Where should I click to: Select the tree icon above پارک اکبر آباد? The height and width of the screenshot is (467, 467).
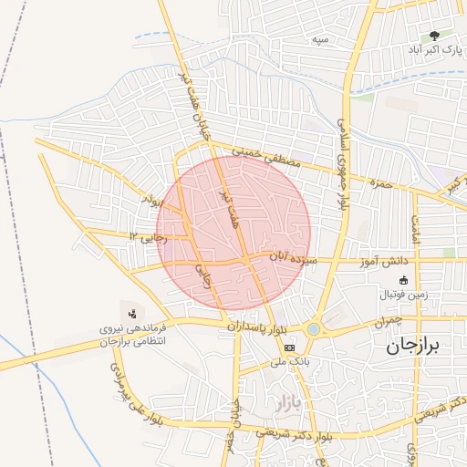[446, 36]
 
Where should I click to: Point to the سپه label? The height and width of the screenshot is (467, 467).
[319, 39]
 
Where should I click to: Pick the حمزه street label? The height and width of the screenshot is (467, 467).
[379, 182]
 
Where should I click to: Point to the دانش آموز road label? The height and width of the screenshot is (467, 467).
[388, 263]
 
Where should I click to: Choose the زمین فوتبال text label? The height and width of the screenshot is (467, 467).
[405, 296]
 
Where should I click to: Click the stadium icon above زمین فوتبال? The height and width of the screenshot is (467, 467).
[404, 281]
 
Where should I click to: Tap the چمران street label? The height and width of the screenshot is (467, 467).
[387, 323]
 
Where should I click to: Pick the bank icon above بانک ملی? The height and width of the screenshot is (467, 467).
[290, 348]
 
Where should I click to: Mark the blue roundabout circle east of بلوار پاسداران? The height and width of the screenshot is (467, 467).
[314, 328]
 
